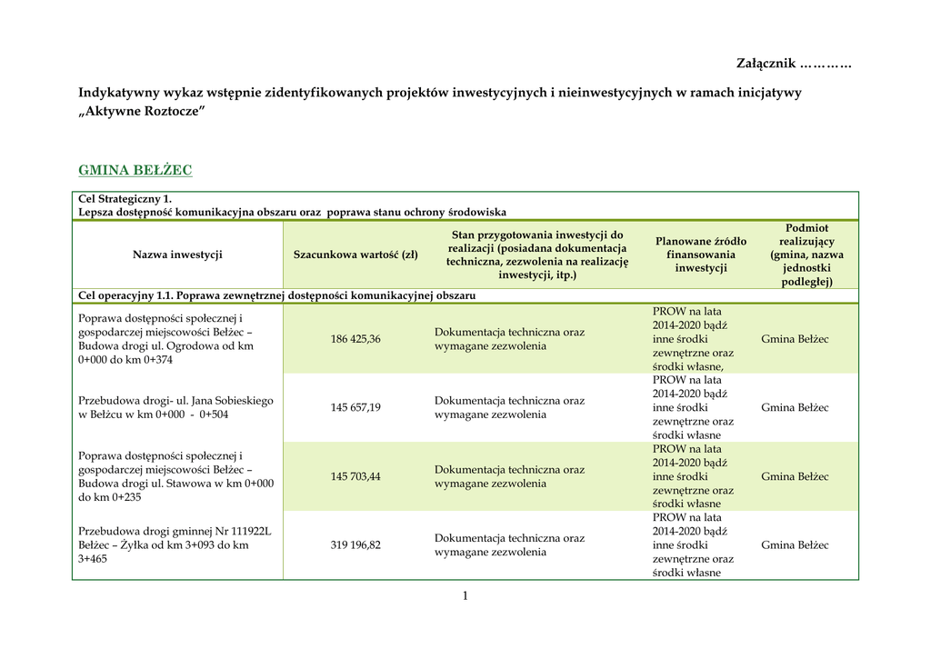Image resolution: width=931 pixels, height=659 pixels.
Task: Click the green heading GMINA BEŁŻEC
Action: [x=135, y=171]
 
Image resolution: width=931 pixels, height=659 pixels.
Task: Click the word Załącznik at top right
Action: [x=766, y=63]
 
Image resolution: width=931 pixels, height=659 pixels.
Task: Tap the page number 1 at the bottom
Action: [x=465, y=596]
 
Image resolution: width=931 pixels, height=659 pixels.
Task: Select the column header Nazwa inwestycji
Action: [x=177, y=255]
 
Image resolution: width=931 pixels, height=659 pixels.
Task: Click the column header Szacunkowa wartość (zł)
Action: [x=355, y=255]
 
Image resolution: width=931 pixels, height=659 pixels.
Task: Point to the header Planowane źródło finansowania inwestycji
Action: [x=701, y=255]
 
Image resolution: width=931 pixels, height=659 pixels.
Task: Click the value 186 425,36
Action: [x=355, y=339]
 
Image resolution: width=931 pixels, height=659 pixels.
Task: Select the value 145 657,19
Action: [x=355, y=407]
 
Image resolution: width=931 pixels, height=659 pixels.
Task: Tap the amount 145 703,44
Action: [x=355, y=476]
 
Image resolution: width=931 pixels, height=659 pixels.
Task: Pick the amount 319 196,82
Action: [x=355, y=545]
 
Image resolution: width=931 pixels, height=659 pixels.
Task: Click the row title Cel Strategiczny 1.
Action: [x=125, y=198]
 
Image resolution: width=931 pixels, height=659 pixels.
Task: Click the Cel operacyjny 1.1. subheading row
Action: [x=276, y=295]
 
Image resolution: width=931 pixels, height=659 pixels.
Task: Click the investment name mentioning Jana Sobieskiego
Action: [x=175, y=407]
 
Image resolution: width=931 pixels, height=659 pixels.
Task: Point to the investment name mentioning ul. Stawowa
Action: [x=175, y=476]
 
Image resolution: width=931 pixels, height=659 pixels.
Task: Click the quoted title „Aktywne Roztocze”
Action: [x=142, y=110]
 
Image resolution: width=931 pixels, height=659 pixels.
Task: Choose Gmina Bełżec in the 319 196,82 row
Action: [x=795, y=545]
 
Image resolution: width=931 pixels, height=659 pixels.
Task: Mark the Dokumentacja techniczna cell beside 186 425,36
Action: [x=509, y=339]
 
